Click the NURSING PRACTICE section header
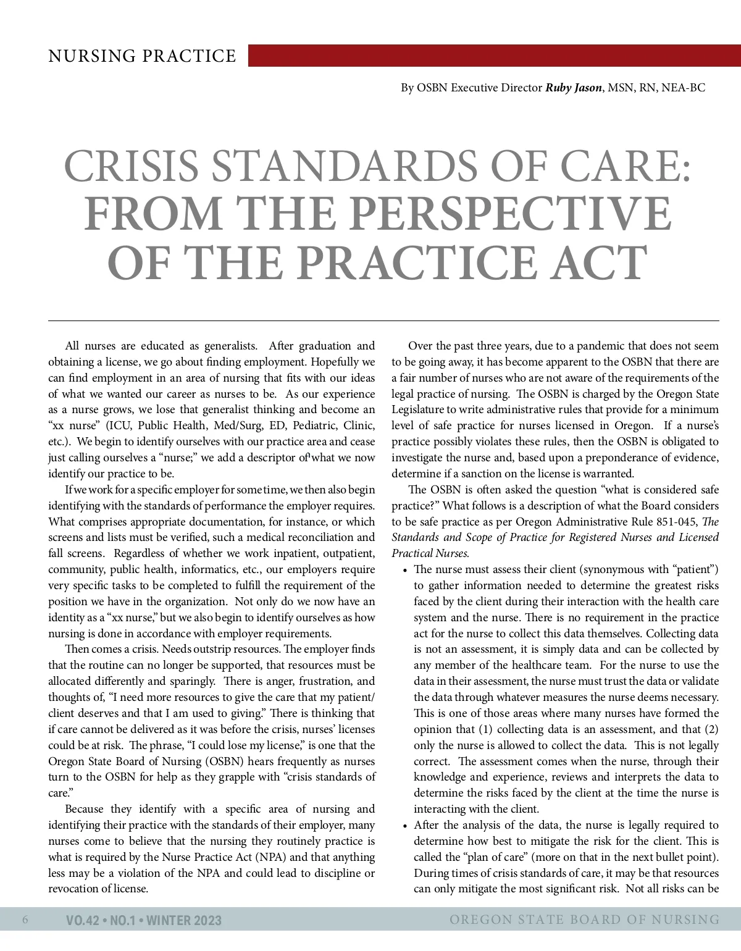[142, 56]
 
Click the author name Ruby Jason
[573, 88]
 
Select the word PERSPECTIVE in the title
[513, 214]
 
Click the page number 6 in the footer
[25, 920]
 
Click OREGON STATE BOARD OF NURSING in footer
[584, 920]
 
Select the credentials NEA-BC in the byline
[683, 88]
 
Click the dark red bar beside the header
[494, 55]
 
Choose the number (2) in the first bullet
[711, 729]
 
